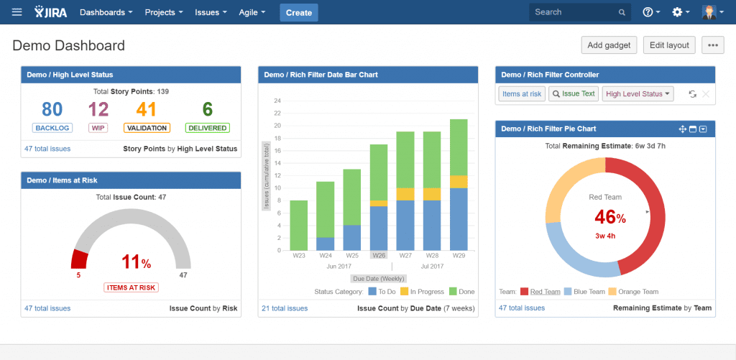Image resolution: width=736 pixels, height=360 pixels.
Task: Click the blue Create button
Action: pyautogui.click(x=298, y=12)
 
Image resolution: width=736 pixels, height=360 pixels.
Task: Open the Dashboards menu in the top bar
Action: pyautogui.click(x=106, y=12)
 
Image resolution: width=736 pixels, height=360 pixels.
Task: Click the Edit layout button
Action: pyautogui.click(x=669, y=45)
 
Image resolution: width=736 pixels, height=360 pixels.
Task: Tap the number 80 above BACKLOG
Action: pyautogui.click(x=52, y=109)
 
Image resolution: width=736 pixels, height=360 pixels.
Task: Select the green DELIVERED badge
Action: pyautogui.click(x=207, y=128)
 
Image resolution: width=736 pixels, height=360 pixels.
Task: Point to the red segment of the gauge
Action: pyautogui.click(x=79, y=259)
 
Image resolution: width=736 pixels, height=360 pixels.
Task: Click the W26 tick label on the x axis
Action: pyautogui.click(x=378, y=255)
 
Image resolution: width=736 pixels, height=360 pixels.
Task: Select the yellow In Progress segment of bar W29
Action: pyautogui.click(x=459, y=182)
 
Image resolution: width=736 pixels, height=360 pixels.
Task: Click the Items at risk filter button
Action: pyautogui.click(x=522, y=94)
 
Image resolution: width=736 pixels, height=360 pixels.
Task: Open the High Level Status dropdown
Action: pyautogui.click(x=638, y=94)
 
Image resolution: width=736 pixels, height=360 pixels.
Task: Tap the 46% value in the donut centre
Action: pyautogui.click(x=606, y=216)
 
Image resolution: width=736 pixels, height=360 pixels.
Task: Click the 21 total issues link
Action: pyautogui.click(x=285, y=308)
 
